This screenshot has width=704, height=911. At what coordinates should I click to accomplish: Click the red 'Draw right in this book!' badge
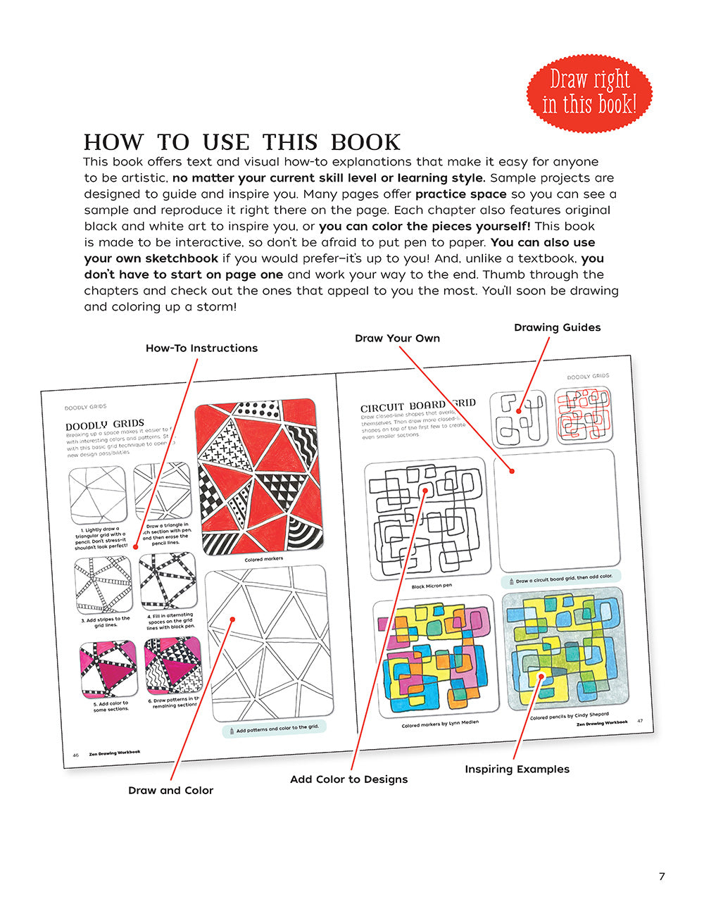(589, 92)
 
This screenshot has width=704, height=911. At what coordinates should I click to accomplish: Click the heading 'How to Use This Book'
(241, 142)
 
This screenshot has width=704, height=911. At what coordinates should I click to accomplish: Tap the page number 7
(661, 877)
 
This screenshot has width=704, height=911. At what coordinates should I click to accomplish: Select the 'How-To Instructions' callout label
(201, 348)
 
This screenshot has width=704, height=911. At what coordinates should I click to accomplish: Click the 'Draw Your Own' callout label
(397, 338)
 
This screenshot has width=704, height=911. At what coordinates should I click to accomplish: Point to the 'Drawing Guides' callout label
(557, 327)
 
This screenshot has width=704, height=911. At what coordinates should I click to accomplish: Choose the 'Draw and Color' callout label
(170, 790)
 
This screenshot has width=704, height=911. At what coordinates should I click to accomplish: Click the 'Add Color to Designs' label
(348, 779)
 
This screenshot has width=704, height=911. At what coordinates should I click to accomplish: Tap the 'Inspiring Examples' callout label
(517, 769)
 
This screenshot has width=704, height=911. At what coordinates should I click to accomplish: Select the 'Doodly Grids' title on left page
(104, 425)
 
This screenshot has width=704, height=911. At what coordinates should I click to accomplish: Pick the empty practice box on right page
(556, 510)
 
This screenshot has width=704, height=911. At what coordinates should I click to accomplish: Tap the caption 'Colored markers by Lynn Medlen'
(440, 723)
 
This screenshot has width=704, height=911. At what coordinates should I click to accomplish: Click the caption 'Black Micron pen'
(432, 586)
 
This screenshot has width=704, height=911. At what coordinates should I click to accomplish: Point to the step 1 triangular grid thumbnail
(98, 495)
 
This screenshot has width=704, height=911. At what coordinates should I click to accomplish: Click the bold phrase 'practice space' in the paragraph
(460, 194)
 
